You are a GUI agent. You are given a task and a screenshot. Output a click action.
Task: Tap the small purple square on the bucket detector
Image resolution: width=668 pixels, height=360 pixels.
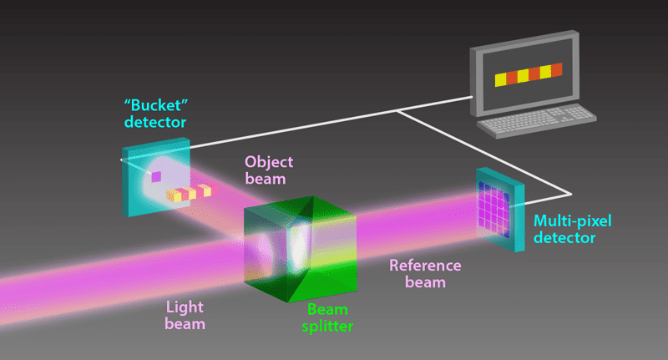tap(155, 175)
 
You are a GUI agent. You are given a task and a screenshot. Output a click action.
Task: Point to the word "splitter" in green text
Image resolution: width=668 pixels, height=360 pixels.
tap(325, 326)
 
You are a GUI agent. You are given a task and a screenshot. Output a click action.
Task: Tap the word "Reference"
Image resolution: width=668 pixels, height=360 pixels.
tap(425, 266)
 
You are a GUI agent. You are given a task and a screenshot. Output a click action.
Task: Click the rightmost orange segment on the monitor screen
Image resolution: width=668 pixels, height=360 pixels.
tap(557, 69)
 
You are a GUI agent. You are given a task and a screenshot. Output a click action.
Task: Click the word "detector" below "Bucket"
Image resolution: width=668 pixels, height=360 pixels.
tap(154, 123)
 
